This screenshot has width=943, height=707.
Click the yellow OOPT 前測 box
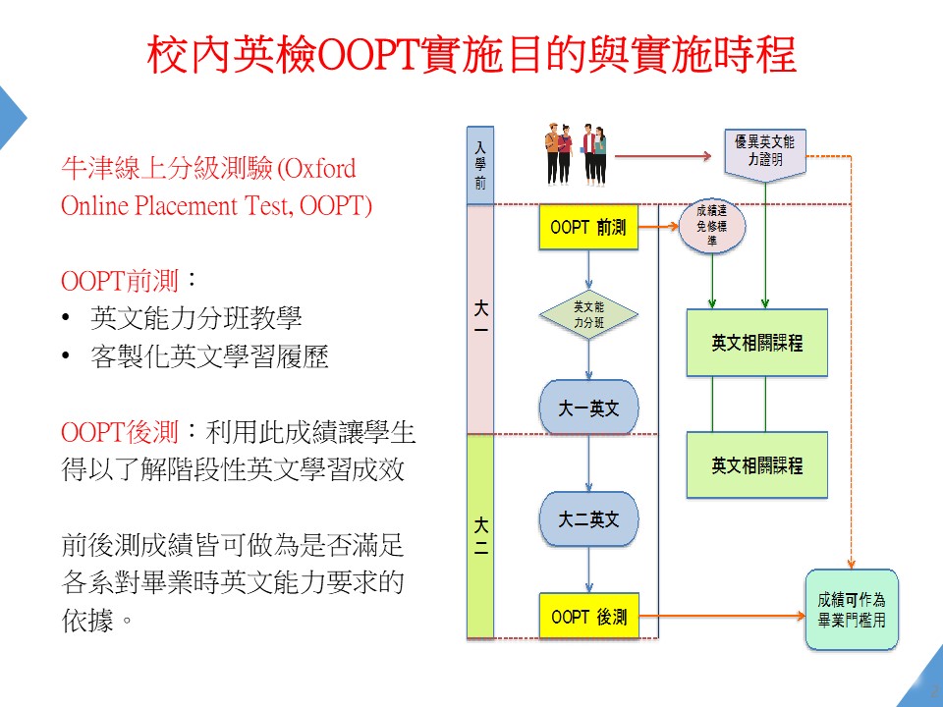pos(588,228)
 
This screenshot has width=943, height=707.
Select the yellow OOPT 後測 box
pos(588,617)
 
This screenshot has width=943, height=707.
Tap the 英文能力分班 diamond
pos(588,314)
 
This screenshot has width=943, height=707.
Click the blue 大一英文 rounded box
pos(588,408)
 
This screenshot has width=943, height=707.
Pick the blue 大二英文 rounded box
pos(588,518)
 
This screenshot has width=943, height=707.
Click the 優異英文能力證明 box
pos(765,153)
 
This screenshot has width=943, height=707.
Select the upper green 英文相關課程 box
pos(756,343)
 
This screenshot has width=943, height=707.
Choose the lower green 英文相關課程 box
pos(756,464)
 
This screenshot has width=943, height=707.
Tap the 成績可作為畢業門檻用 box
pos(852,609)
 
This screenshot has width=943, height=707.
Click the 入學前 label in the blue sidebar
pos(479,165)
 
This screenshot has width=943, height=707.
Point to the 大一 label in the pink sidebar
pos(480,319)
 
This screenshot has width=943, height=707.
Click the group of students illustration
pos(576,154)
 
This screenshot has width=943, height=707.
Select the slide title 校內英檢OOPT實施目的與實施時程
pos(471,55)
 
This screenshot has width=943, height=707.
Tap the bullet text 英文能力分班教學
pos(195,318)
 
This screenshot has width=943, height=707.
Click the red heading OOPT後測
pos(119,432)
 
